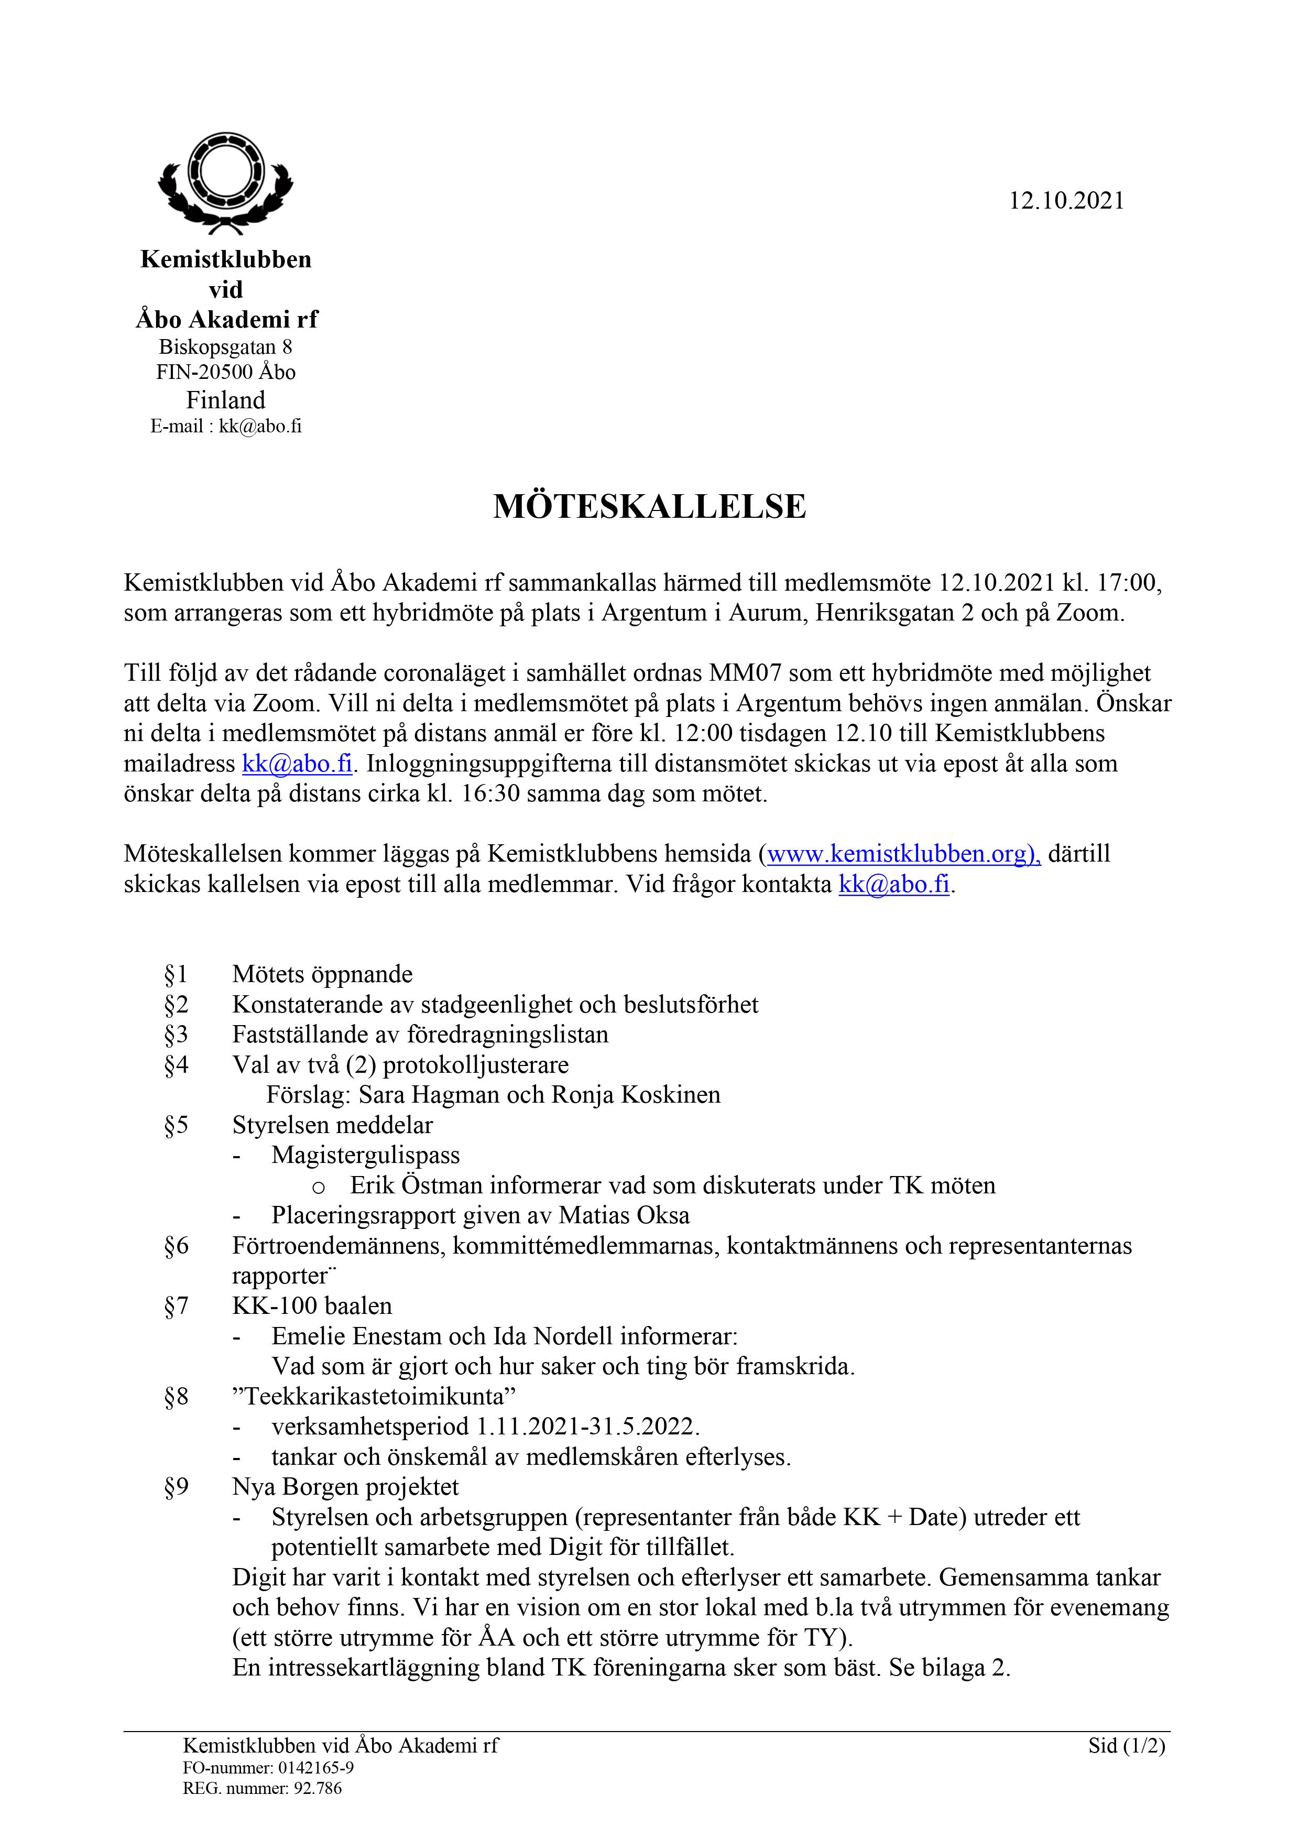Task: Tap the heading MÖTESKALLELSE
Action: pyautogui.click(x=650, y=506)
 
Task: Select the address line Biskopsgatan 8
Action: pyautogui.click(x=225, y=347)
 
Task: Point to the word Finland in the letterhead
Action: pyautogui.click(x=225, y=400)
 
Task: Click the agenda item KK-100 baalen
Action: pyautogui.click(x=312, y=1305)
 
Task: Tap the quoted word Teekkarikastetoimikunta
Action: pyautogui.click(x=374, y=1396)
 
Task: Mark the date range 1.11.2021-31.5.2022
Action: pyautogui.click(x=587, y=1427)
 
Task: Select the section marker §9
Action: pyautogui.click(x=176, y=1487)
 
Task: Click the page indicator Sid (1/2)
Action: pyautogui.click(x=1126, y=1745)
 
